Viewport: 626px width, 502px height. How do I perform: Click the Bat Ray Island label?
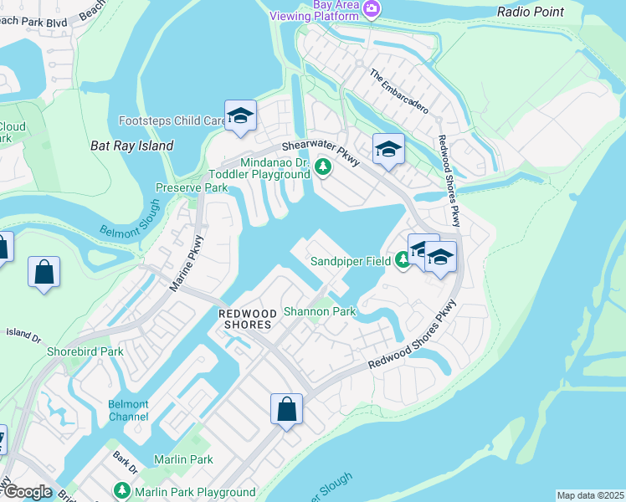pyautogui.click(x=131, y=146)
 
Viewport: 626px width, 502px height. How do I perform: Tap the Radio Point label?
pyautogui.click(x=530, y=12)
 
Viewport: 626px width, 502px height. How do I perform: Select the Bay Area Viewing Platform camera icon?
pyautogui.click(x=372, y=9)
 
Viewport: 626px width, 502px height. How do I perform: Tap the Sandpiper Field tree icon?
pyautogui.click(x=403, y=261)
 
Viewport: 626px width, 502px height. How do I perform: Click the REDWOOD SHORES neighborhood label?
pyautogui.click(x=246, y=318)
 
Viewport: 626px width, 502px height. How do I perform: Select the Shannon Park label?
pyautogui.click(x=320, y=311)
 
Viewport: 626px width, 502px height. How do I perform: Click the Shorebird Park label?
pyautogui.click(x=85, y=351)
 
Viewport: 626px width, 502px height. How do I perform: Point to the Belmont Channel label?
pyautogui.click(x=128, y=410)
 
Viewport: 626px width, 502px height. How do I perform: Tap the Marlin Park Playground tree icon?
pyautogui.click(x=122, y=491)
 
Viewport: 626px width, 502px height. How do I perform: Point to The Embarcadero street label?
pyautogui.click(x=399, y=91)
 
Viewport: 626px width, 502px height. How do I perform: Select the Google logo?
pyautogui.click(x=27, y=492)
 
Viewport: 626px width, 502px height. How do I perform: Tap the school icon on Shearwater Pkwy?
pyautogui.click(x=388, y=149)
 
